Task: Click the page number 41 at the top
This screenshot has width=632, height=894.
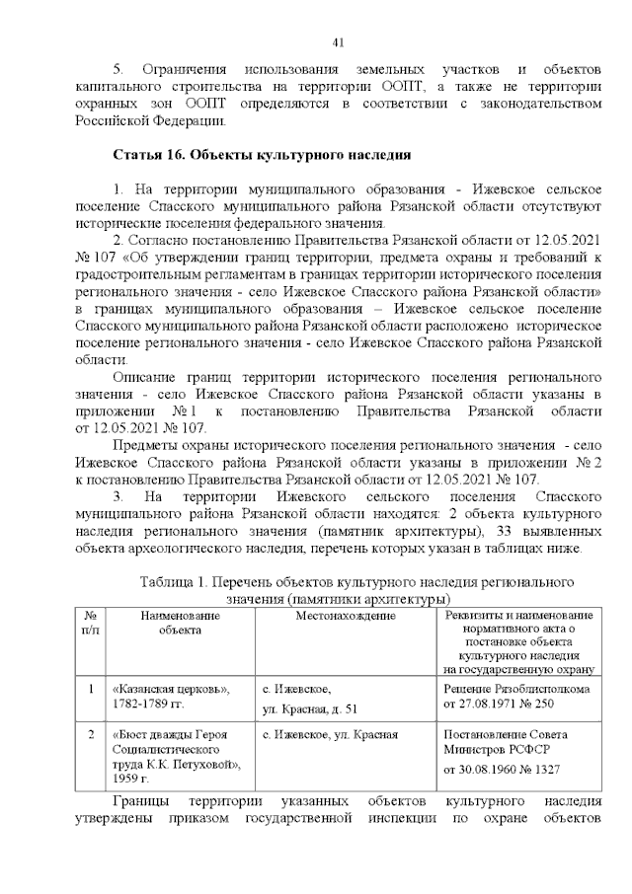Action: [x=338, y=42]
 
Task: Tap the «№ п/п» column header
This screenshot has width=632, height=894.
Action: [x=90, y=623]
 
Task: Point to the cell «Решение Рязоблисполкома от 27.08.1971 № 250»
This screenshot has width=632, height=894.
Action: [x=516, y=696]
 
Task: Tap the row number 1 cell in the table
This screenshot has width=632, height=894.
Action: [x=90, y=688]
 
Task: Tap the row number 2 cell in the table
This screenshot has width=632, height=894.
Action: [x=90, y=734]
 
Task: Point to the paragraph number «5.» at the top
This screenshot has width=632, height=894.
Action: [x=118, y=68]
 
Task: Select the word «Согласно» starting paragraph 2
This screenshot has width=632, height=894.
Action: [x=162, y=242]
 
